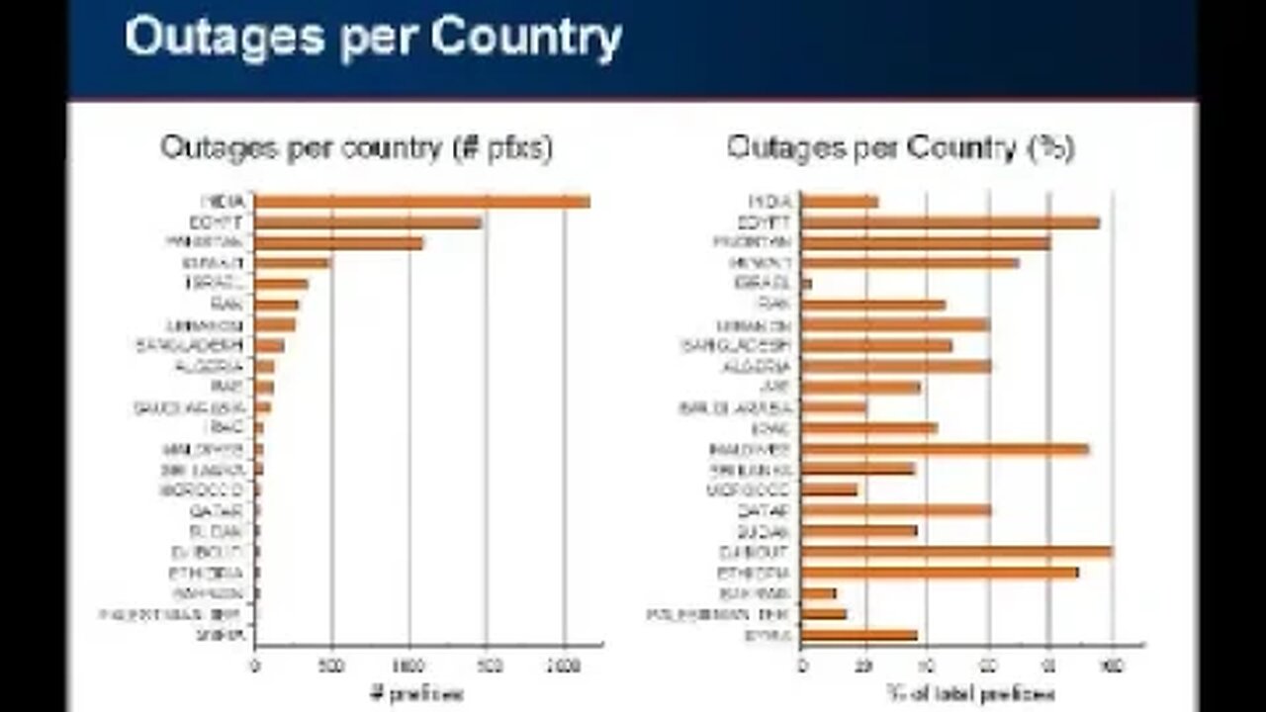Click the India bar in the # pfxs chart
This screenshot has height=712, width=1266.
[422, 202]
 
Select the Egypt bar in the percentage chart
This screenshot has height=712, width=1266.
[949, 222]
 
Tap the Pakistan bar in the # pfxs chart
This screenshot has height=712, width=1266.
[339, 243]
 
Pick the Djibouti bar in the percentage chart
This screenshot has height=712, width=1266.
[956, 552]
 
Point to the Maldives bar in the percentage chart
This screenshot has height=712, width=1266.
[945, 449]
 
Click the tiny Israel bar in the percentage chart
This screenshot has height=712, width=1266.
[806, 284]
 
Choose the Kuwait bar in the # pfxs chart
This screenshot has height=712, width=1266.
[293, 263]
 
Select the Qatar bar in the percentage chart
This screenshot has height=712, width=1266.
[896, 510]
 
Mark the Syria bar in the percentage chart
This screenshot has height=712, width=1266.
[859, 635]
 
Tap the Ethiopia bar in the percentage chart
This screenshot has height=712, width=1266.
[940, 573]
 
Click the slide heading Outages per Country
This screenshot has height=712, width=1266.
[373, 38]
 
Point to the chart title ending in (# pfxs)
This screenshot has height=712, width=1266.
[356, 148]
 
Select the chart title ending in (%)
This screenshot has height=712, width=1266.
[900, 148]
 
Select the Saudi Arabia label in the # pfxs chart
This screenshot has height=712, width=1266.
[189, 407]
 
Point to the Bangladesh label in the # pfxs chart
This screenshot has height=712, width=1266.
[190, 345]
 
